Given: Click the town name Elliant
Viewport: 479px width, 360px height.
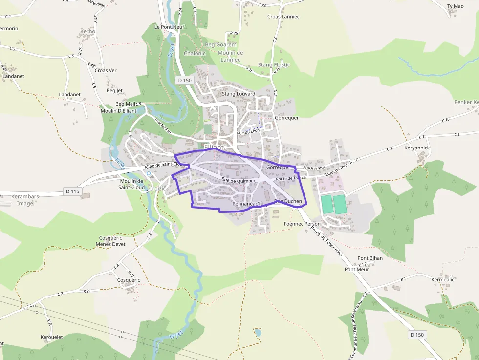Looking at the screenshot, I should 214,147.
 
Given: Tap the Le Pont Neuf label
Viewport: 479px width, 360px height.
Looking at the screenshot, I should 169,27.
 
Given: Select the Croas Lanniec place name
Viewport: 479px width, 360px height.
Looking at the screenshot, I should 283,17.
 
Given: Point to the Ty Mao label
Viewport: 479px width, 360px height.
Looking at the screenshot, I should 455,6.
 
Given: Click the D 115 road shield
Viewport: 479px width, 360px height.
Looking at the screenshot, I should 72,191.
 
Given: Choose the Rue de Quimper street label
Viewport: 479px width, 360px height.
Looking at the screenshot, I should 239,180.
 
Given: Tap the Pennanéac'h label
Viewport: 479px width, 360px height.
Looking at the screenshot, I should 247,203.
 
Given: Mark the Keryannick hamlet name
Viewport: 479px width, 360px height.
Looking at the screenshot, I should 417,148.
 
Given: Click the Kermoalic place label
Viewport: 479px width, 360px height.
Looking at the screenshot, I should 442,279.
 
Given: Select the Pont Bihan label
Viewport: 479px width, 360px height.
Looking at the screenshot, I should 370,258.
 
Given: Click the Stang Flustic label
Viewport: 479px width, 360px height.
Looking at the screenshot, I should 274,65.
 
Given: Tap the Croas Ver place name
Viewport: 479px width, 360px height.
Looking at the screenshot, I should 106,70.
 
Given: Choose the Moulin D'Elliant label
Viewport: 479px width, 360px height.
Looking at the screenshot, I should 118,111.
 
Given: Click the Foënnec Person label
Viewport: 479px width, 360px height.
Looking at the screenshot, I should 302,224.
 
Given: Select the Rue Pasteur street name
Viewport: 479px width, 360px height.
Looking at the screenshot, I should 313,168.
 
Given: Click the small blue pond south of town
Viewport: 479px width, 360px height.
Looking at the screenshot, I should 257,333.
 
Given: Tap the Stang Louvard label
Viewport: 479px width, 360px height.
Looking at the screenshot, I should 239,94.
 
